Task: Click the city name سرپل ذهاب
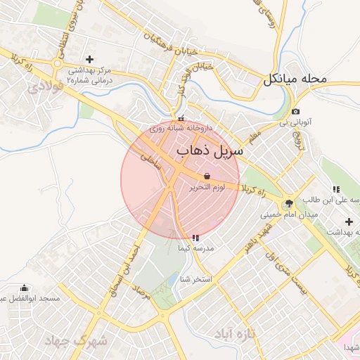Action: (x=210, y=151)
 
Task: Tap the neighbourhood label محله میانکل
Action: (x=296, y=79)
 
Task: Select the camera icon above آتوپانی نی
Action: (x=295, y=112)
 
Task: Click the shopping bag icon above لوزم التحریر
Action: (x=206, y=175)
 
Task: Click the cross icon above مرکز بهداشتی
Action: (x=89, y=59)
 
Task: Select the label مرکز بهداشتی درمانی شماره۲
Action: (x=90, y=76)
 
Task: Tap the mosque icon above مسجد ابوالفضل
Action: (x=25, y=288)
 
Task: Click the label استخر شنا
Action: (x=196, y=280)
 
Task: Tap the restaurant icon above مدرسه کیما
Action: (x=195, y=238)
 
